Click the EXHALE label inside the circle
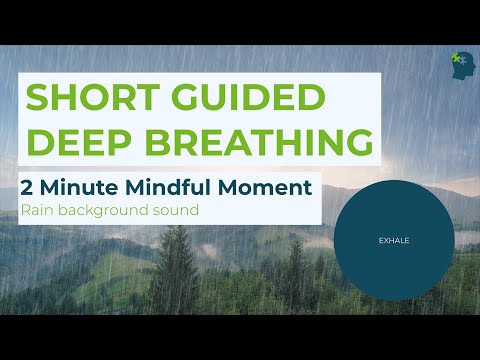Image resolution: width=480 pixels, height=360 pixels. [394, 241]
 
